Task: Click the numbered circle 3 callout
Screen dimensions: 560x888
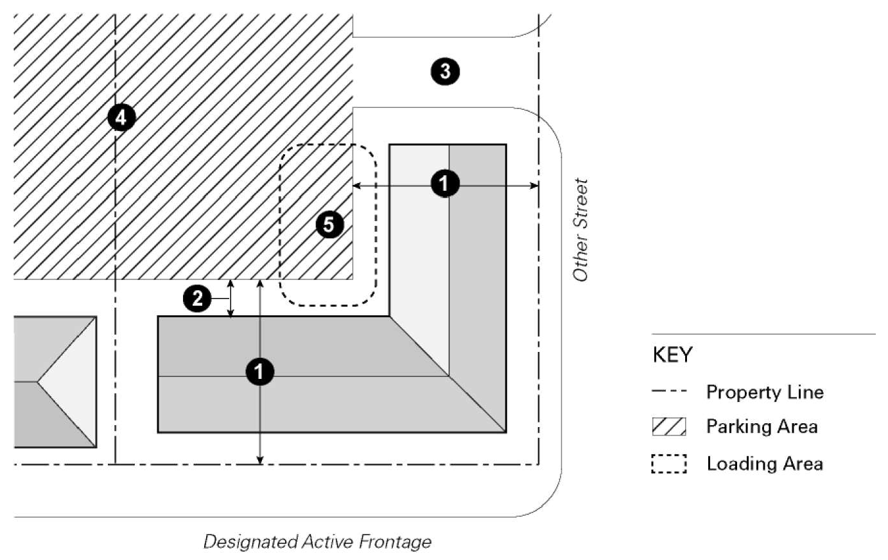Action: click(445, 71)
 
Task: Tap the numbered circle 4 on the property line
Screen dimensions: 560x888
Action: click(121, 118)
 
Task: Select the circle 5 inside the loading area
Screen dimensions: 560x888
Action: click(329, 225)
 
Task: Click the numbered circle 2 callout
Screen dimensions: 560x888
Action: click(197, 299)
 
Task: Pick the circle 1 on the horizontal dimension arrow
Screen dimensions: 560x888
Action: click(444, 184)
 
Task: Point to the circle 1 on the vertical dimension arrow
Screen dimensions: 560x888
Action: click(260, 372)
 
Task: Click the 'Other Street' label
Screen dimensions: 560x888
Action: click(580, 230)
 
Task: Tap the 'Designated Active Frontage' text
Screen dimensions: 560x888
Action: click(317, 541)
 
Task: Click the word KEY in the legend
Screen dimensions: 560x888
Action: click(672, 354)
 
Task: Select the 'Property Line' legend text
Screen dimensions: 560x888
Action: click(764, 392)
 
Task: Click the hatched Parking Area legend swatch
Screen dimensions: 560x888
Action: click(669, 426)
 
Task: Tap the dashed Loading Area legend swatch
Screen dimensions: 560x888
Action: click(669, 464)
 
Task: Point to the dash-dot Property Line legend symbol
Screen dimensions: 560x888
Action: click(669, 391)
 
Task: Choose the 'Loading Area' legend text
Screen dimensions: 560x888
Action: click(764, 464)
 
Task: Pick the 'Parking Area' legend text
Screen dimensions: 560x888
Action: click(762, 426)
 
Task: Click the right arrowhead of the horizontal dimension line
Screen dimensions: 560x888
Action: click(534, 186)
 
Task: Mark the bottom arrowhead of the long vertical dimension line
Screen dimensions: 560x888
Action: click(260, 459)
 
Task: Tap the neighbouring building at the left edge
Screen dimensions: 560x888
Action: click(55, 381)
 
